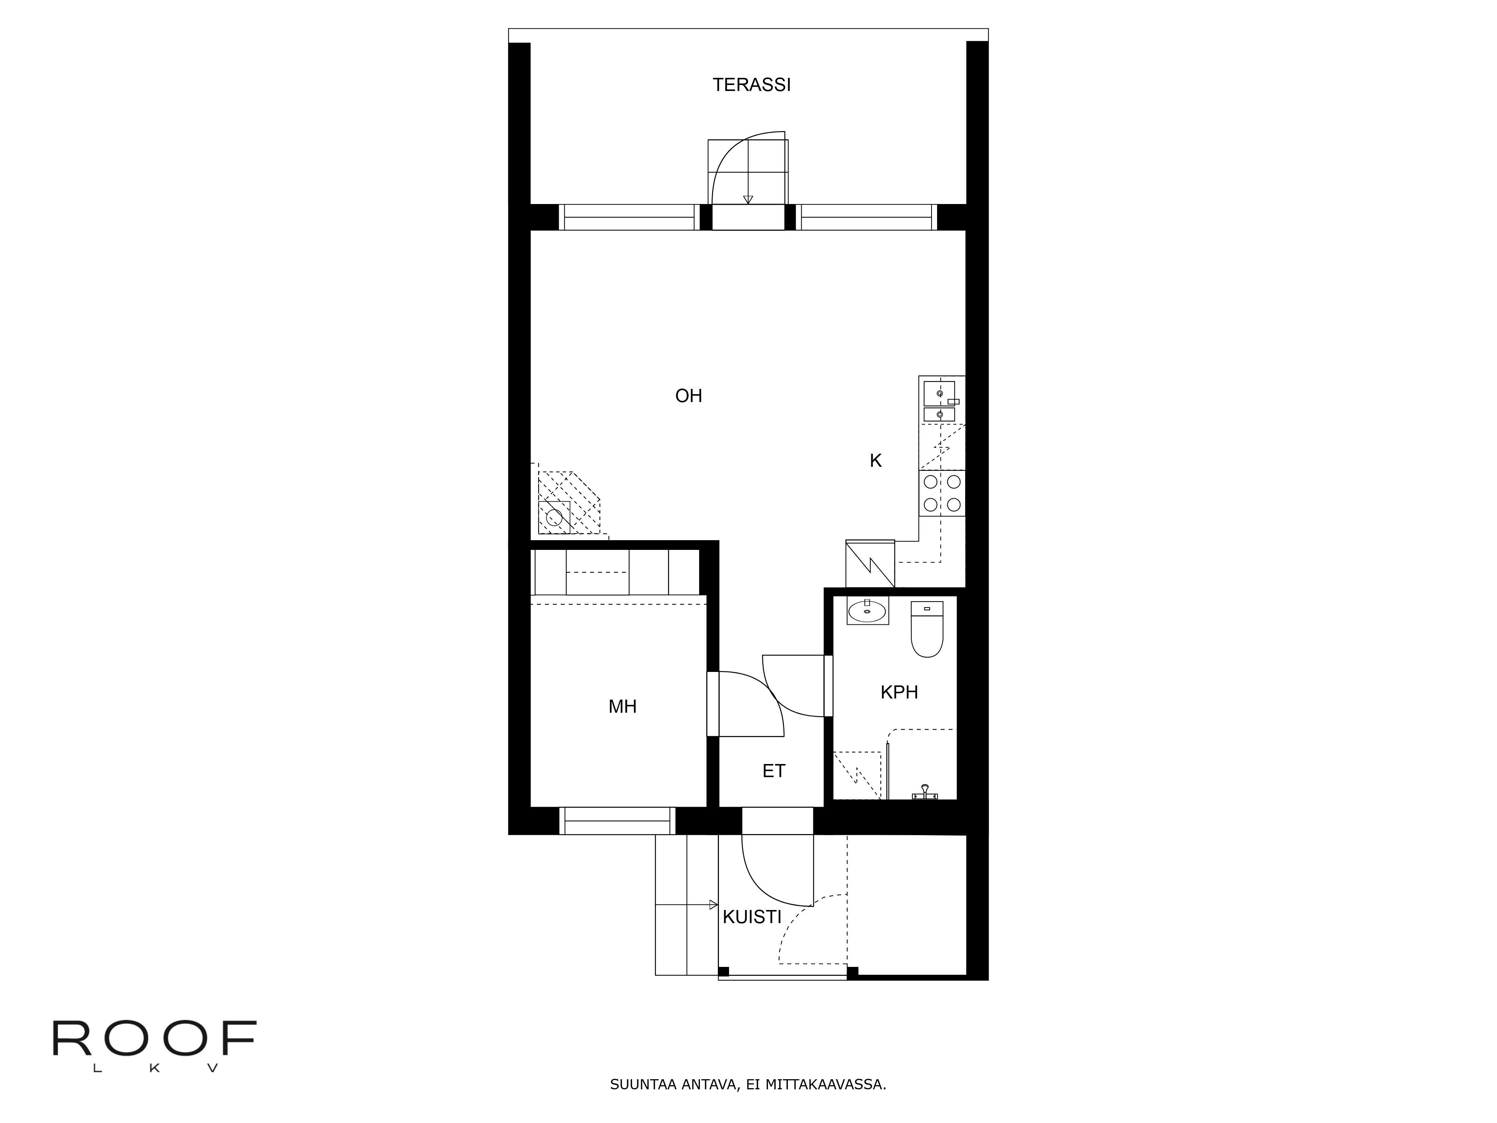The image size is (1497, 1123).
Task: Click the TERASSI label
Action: coord(751,85)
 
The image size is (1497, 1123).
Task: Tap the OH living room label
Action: coord(688,396)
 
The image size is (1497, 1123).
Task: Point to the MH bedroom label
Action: coord(622,707)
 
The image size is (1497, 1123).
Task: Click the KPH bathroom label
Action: coord(899,693)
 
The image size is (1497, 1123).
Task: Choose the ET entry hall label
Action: coord(774,771)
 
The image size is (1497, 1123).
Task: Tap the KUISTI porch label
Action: coord(752,917)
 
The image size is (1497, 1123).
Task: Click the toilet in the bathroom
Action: coord(927,630)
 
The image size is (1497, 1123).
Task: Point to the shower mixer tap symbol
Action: coord(924,792)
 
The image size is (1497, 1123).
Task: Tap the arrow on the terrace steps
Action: coord(748,199)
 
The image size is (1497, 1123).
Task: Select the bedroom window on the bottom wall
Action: coord(617,821)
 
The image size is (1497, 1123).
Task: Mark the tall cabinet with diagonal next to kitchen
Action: coord(870,564)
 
